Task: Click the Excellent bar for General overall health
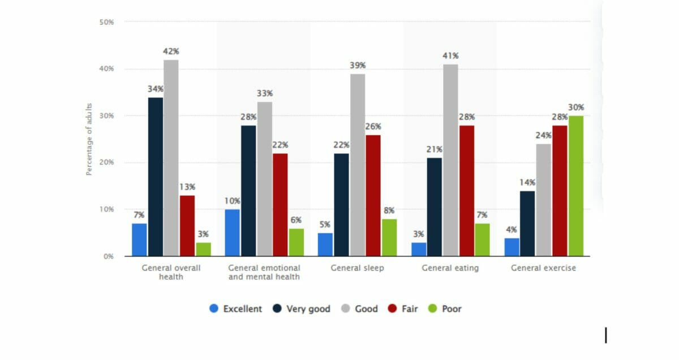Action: pos(139,240)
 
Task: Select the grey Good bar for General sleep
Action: pos(357,165)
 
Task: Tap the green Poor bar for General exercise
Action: pos(576,186)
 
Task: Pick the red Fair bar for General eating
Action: pos(467,191)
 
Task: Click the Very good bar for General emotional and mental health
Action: pos(248,191)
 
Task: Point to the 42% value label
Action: pos(171,52)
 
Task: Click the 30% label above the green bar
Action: pos(576,108)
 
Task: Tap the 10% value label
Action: pos(232,201)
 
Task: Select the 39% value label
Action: pos(357,66)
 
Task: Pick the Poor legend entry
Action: pos(445,309)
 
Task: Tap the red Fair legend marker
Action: pos(392,309)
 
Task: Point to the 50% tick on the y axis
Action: pos(106,22)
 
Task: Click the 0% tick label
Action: pos(108,256)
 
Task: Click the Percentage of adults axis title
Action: pos(89,139)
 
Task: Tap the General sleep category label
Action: pos(357,268)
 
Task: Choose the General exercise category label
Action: pos(543,268)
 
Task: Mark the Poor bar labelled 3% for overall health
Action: pos(203,249)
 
